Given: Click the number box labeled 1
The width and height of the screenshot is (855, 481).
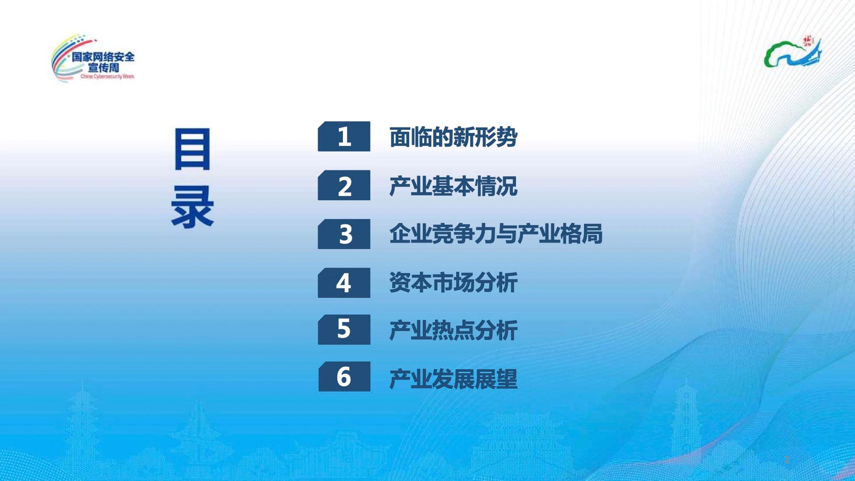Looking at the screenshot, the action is click(x=344, y=136).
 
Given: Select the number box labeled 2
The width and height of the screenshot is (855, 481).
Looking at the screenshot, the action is click(x=344, y=185).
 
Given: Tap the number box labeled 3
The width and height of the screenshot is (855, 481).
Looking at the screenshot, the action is click(x=344, y=234).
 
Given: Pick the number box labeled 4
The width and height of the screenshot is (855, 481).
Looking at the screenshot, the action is click(x=344, y=283).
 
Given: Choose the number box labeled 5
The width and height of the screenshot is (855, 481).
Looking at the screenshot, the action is click(x=344, y=330).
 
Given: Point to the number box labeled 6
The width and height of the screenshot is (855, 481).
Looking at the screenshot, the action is click(x=344, y=377).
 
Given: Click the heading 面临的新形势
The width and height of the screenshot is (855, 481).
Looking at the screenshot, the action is click(x=453, y=137).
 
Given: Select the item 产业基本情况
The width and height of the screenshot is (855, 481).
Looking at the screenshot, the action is click(x=453, y=186).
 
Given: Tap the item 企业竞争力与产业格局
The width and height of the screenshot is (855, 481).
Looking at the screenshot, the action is click(x=496, y=234).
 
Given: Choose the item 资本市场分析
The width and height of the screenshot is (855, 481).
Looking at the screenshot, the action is click(x=453, y=283).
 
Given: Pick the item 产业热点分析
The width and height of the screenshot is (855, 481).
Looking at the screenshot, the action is click(x=453, y=330).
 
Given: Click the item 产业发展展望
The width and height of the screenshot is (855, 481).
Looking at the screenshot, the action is click(x=453, y=379).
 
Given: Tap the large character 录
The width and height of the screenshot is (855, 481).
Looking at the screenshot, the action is click(x=192, y=207).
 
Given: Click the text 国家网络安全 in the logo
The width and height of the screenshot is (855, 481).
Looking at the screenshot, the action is click(x=103, y=57).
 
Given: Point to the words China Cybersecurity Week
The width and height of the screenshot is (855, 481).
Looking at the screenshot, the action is click(x=107, y=77).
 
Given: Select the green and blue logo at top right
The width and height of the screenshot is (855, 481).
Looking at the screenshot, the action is click(x=793, y=52).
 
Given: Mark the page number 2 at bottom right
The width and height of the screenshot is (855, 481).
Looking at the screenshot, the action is click(x=786, y=460).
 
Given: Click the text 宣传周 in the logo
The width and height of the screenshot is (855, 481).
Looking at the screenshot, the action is click(x=103, y=68).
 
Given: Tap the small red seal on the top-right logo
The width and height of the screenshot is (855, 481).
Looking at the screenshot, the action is click(x=807, y=41).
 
